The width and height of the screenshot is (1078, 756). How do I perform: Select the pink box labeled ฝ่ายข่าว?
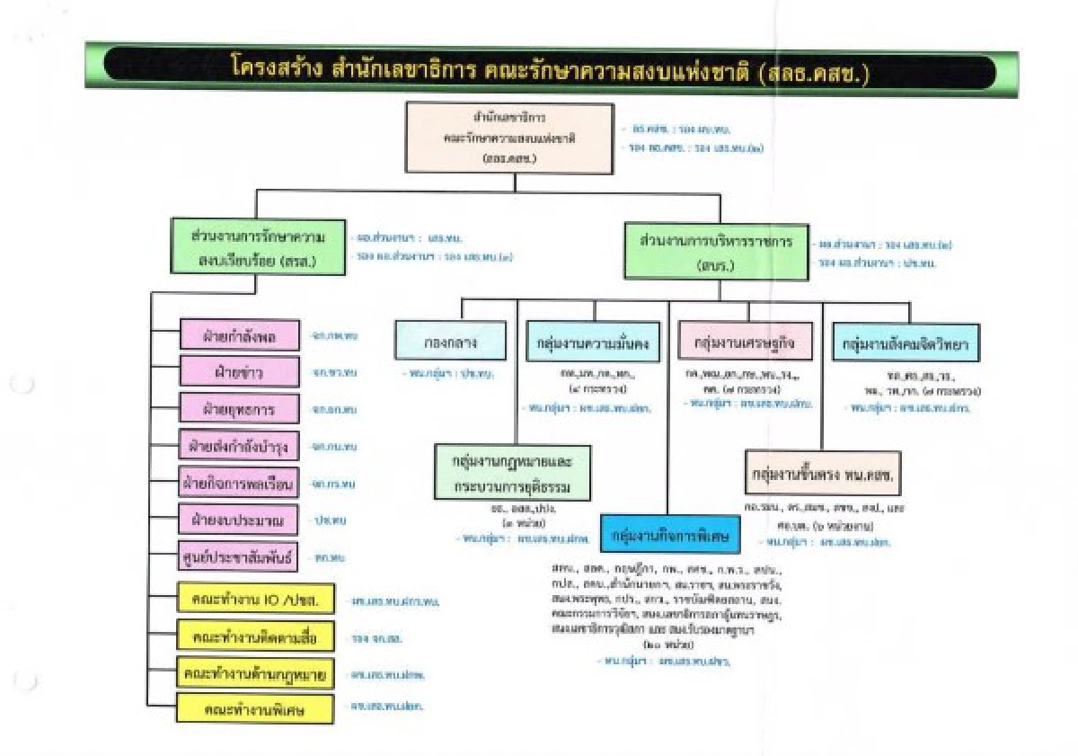(x=239, y=371)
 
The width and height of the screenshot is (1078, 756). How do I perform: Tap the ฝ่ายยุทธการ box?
(x=239, y=409)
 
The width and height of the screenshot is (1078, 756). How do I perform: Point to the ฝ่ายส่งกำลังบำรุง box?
(x=239, y=446)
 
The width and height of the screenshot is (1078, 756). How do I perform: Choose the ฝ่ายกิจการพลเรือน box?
(x=239, y=483)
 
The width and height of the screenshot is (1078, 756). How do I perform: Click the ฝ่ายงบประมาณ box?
(x=239, y=520)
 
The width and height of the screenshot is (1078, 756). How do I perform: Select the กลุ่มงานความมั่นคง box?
(x=593, y=342)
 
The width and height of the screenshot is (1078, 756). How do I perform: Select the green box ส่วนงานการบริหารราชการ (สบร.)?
(x=715, y=253)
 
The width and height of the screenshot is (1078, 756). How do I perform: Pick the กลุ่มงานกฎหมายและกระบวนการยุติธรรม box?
(x=513, y=473)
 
